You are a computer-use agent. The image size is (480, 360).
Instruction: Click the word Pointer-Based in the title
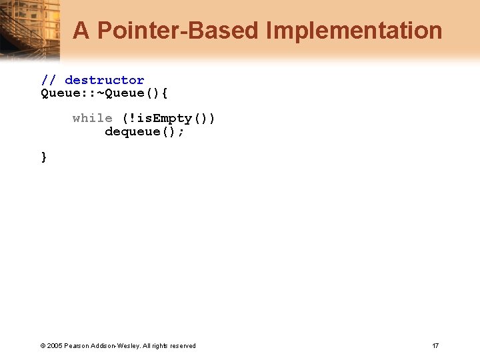[x=178, y=31]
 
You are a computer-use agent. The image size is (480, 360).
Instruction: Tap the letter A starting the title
[x=81, y=31]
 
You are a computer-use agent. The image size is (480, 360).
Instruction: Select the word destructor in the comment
[x=104, y=80]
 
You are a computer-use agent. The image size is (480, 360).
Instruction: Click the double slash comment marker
[x=49, y=80]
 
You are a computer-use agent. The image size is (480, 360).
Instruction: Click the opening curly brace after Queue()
[x=165, y=93]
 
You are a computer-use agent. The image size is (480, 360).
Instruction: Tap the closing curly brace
[x=44, y=157]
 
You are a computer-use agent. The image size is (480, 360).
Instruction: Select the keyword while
[x=92, y=118]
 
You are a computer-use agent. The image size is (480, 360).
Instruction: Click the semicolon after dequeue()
[x=181, y=131]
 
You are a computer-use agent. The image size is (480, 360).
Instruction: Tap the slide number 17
[x=435, y=345]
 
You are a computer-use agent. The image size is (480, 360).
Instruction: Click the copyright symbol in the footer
[x=43, y=345]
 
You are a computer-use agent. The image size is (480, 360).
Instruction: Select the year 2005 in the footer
[x=54, y=345]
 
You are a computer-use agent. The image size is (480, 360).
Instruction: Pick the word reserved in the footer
[x=182, y=345]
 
